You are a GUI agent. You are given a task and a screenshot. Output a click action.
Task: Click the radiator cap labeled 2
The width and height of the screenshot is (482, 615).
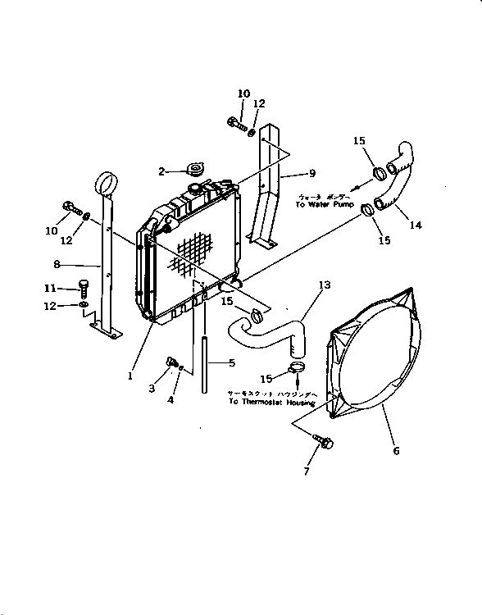click(x=194, y=171)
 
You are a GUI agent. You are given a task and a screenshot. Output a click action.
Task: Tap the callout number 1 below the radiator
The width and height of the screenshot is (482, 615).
click(x=130, y=376)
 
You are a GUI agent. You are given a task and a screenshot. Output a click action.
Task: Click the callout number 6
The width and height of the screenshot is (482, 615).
click(x=396, y=451)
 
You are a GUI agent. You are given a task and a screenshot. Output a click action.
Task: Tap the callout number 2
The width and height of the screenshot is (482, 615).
click(x=162, y=171)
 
